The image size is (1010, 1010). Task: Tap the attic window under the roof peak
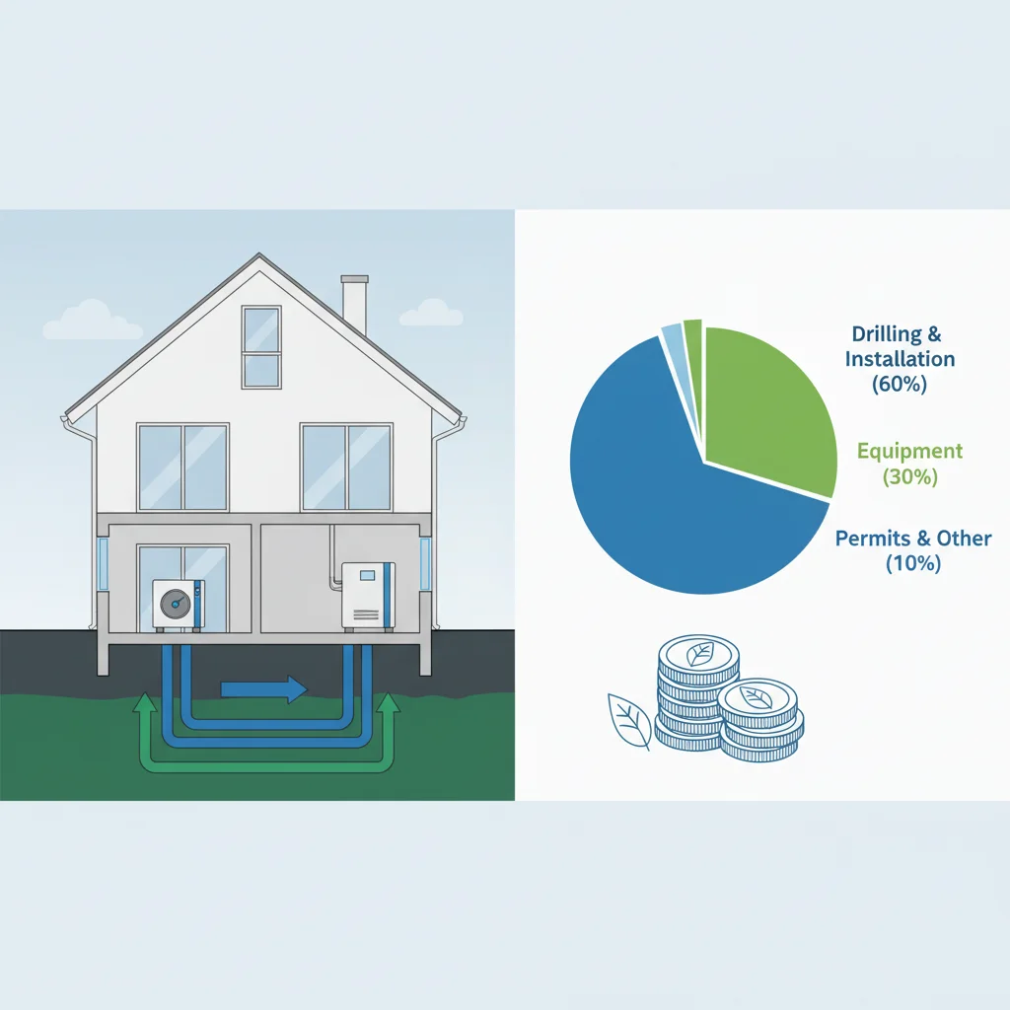click(x=261, y=346)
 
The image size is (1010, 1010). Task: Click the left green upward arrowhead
click(x=145, y=704)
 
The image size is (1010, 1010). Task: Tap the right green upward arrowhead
click(x=389, y=704)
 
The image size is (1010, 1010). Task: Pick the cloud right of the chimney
click(x=431, y=313)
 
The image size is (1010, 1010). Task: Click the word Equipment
click(x=909, y=452)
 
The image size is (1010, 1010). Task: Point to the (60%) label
click(x=900, y=385)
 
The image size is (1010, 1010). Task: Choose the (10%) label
click(x=912, y=564)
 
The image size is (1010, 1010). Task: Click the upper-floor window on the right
click(x=346, y=467)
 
